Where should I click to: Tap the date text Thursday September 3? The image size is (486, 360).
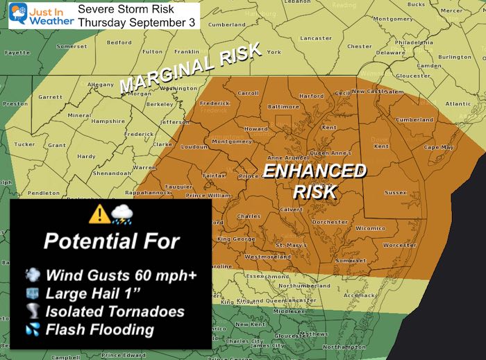click(137, 22)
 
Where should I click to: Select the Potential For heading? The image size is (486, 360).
click(111, 241)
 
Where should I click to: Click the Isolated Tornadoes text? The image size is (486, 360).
click(115, 311)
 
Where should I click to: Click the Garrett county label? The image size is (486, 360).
click(50, 98)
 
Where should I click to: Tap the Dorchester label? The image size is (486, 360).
click(330, 222)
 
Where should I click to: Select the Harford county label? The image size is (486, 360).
click(311, 96)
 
